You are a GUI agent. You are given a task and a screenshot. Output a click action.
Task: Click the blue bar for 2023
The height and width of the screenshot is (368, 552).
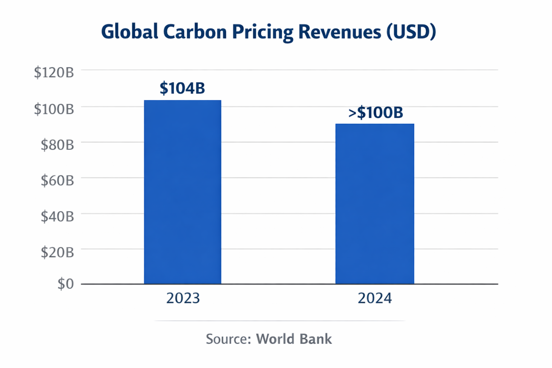(183, 192)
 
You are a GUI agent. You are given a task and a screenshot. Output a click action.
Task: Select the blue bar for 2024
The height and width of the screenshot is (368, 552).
(374, 204)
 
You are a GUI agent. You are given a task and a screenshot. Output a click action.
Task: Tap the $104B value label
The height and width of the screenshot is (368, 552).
(182, 88)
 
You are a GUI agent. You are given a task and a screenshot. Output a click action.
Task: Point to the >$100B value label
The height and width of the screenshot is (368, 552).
(376, 112)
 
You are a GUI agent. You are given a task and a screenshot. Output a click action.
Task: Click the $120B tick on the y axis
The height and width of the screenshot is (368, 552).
(54, 73)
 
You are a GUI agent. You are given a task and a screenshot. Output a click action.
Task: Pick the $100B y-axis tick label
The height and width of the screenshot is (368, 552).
(54, 109)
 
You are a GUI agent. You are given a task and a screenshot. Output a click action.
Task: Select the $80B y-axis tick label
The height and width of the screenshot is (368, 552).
(57, 145)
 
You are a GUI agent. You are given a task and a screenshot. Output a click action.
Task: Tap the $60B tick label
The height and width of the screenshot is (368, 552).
(57, 180)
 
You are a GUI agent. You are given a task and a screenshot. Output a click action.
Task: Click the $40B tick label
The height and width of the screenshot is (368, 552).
(57, 216)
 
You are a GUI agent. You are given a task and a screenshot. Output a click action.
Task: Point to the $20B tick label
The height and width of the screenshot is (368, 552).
(57, 252)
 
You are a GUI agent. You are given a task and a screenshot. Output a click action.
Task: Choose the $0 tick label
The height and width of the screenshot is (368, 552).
(65, 284)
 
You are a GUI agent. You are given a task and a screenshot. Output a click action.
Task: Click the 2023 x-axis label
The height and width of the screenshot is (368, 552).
(183, 298)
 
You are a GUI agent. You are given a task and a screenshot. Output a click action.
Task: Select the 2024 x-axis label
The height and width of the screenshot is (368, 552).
(374, 298)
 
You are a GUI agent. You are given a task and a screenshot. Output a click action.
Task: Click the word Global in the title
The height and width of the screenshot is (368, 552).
(129, 32)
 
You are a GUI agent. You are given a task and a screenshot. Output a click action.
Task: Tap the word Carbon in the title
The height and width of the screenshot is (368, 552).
(195, 32)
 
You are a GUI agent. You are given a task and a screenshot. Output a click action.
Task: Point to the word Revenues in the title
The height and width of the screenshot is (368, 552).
(340, 32)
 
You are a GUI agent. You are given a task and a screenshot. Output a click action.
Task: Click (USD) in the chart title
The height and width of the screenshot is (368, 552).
(411, 32)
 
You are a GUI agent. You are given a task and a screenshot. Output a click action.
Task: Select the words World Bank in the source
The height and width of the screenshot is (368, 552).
(294, 339)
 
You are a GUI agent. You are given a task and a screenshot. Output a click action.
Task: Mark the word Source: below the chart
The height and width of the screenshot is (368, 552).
(228, 339)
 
